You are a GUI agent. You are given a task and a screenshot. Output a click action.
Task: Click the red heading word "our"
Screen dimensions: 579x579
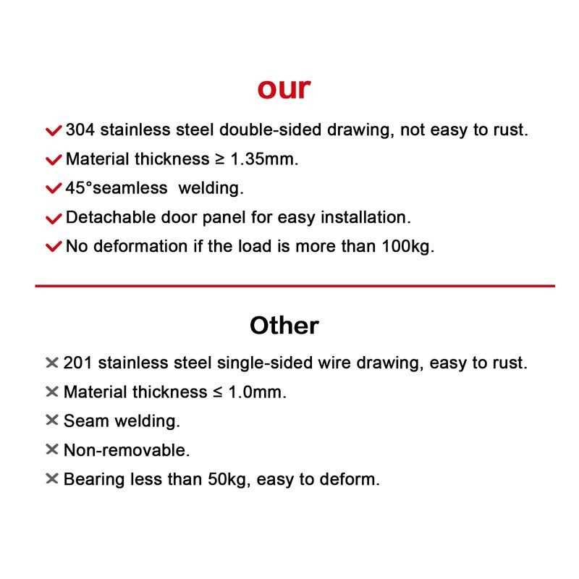point(284,88)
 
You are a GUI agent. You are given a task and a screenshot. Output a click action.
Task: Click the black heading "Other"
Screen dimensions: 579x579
point(284,326)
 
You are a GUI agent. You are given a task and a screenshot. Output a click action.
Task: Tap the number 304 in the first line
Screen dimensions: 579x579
point(80,130)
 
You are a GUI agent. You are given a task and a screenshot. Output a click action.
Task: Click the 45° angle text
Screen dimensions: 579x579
point(80,188)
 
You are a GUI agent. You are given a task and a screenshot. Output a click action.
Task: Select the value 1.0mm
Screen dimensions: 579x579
point(258,392)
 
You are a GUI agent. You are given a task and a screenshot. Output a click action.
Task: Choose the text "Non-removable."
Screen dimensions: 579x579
point(127,450)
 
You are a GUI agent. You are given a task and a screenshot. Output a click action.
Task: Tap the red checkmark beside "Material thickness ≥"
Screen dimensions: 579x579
point(54,160)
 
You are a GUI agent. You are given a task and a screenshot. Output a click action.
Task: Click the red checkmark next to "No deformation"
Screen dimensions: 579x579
point(54,247)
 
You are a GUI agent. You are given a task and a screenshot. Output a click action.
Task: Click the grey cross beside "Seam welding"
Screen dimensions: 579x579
point(51,420)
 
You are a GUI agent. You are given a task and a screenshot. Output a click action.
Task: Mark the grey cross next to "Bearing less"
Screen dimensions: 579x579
point(51,478)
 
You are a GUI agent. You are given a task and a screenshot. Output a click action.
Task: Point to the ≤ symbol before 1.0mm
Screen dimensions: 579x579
point(217,392)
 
